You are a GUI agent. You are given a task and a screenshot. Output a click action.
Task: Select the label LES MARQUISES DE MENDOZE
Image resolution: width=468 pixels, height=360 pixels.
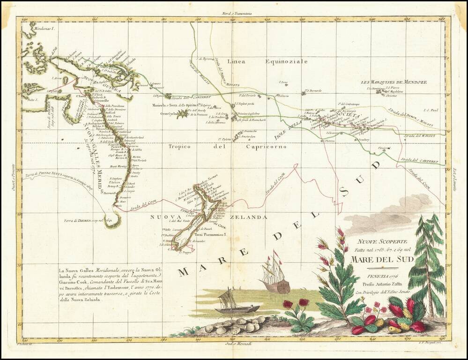pyautogui.click(x=394, y=82)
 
